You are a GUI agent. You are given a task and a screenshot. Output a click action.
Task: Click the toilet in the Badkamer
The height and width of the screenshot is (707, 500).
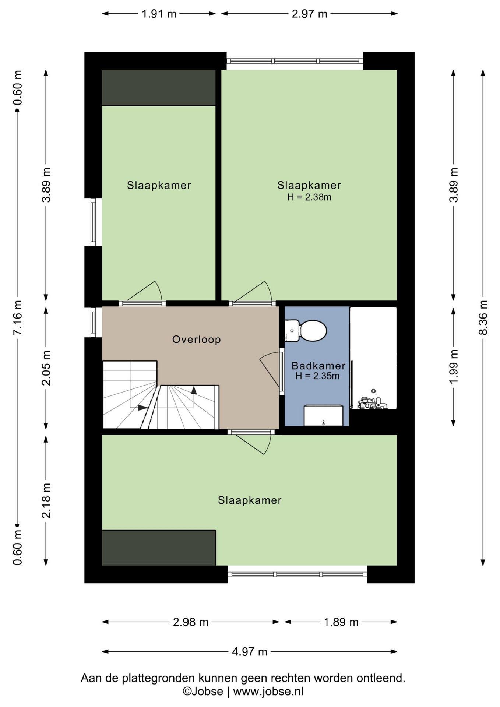point(306,330)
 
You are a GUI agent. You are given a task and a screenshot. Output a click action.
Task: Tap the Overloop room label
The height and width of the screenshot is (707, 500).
point(197,339)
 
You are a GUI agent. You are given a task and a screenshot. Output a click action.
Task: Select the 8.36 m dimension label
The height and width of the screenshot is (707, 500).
point(483,317)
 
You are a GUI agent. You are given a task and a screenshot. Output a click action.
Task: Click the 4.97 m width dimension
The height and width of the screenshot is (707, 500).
point(250,651)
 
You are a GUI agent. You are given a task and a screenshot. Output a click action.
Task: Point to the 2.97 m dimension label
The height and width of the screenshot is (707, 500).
point(309,14)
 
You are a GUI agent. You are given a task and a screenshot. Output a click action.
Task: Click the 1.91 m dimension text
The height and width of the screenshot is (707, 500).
point(159,14)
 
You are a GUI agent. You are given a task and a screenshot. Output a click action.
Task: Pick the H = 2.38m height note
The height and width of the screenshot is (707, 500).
point(309,197)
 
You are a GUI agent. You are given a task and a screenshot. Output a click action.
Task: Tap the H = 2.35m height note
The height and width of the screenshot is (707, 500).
point(317,376)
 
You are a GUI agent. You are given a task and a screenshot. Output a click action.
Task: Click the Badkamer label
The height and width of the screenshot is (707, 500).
point(318,366)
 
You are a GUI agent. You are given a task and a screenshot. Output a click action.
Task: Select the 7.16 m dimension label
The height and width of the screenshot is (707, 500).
point(18,317)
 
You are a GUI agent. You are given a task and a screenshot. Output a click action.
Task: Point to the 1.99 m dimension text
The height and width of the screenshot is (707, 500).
point(454,366)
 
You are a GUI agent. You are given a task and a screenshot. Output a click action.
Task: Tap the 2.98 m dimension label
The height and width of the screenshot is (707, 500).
point(191,622)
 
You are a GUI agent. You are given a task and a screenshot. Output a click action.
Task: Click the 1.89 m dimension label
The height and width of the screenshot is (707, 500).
point(341,622)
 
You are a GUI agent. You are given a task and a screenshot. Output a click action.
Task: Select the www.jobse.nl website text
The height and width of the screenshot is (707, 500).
point(268,691)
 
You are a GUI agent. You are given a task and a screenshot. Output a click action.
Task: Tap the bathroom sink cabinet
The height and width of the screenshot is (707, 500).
point(323,416)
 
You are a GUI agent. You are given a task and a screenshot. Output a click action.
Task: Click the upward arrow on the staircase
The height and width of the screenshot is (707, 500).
point(194,390)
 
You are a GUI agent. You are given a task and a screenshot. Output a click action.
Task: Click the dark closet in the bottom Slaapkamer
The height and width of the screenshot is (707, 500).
point(159,548)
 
